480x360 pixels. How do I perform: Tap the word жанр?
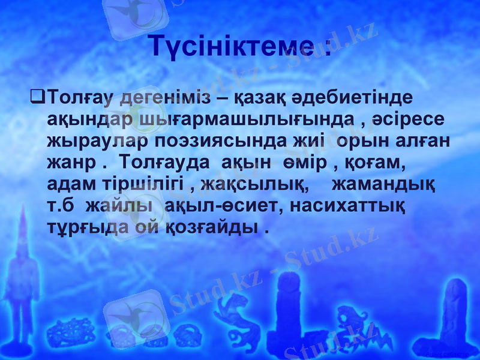(68, 163)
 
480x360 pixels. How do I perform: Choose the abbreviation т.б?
(61, 206)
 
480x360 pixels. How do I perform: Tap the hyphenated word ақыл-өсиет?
(209, 206)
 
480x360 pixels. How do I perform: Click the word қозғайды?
(214, 228)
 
